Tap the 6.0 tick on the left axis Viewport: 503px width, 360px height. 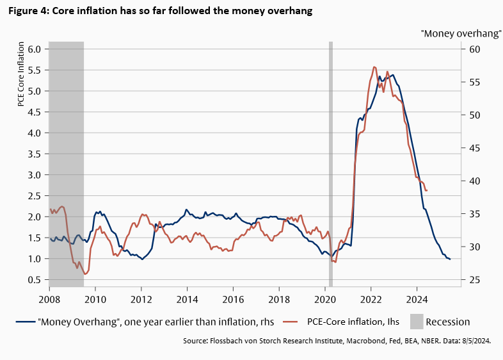(33, 49)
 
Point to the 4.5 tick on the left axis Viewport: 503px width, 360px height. (33, 112)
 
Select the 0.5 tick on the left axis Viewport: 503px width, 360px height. (33, 280)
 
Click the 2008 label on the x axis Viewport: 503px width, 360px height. (49, 299)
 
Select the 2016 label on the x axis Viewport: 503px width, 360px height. (233, 299)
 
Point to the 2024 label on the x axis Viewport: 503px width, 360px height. (417, 299)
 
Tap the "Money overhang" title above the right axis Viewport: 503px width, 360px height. (460, 34)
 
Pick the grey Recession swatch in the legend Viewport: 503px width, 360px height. (416, 322)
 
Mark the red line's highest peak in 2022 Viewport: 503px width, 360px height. (374, 67)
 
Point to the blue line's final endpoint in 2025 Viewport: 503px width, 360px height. (450, 259)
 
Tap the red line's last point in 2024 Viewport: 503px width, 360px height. (427, 190)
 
